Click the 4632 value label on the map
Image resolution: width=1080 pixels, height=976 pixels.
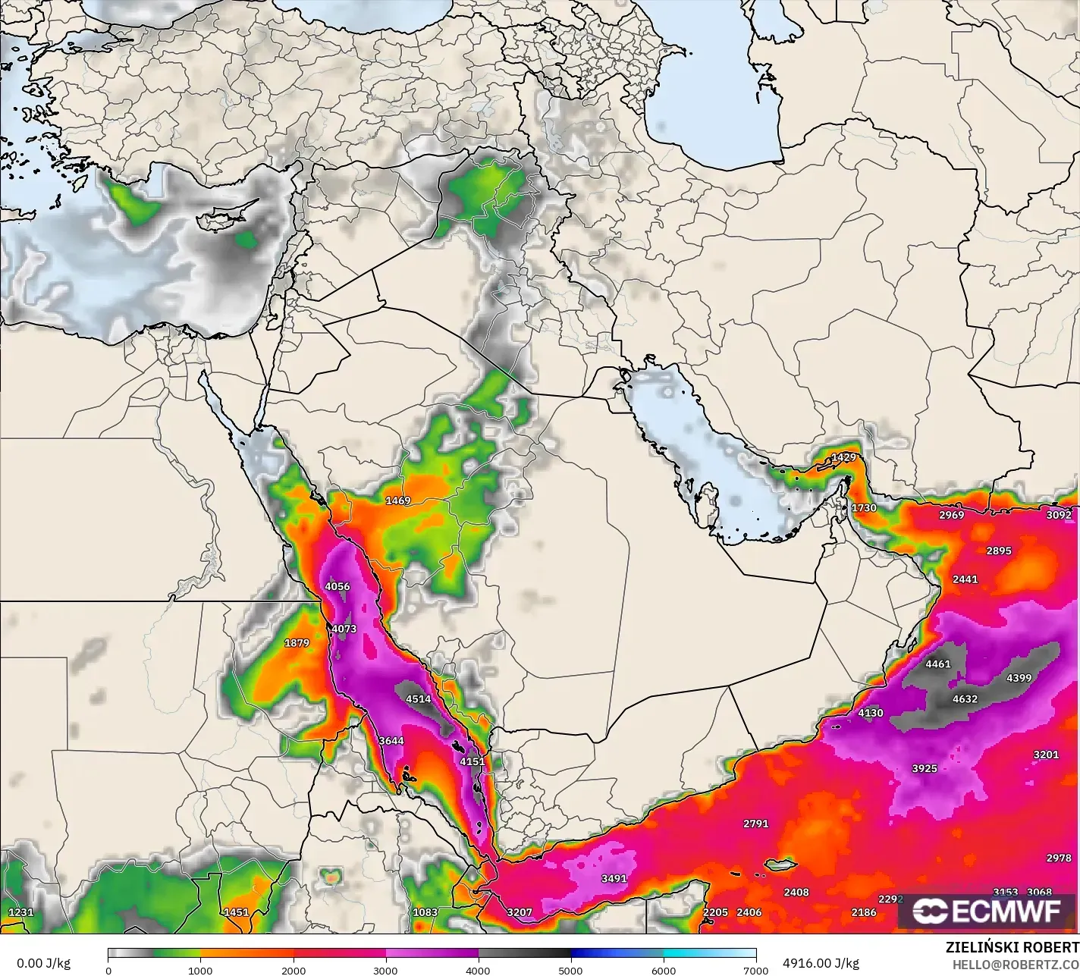click(x=965, y=699)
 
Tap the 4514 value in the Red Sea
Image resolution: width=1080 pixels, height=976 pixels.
click(x=418, y=699)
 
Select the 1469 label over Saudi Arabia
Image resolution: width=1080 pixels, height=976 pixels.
click(x=398, y=501)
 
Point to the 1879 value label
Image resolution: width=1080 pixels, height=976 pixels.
click(x=297, y=643)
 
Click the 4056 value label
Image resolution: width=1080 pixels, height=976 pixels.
click(x=337, y=586)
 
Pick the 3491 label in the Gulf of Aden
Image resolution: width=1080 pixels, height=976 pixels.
click(x=614, y=878)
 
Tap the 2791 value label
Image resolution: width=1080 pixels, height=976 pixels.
click(x=755, y=823)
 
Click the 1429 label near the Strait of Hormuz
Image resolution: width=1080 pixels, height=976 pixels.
click(x=843, y=457)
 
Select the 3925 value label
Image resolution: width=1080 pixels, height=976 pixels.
click(x=924, y=768)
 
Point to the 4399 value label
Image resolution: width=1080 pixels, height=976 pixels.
click(x=1019, y=678)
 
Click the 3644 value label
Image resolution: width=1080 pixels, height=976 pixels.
click(x=391, y=741)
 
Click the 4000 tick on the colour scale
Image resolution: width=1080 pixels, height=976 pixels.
click(x=478, y=970)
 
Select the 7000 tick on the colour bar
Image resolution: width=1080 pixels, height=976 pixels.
click(x=755, y=970)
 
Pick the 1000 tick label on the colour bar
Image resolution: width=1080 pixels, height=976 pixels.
click(x=200, y=970)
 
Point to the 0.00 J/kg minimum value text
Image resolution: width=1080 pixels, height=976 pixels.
click(x=43, y=963)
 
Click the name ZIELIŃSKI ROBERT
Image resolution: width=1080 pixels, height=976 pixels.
click(x=1012, y=947)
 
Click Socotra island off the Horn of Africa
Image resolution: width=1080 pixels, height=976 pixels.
click(x=779, y=865)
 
